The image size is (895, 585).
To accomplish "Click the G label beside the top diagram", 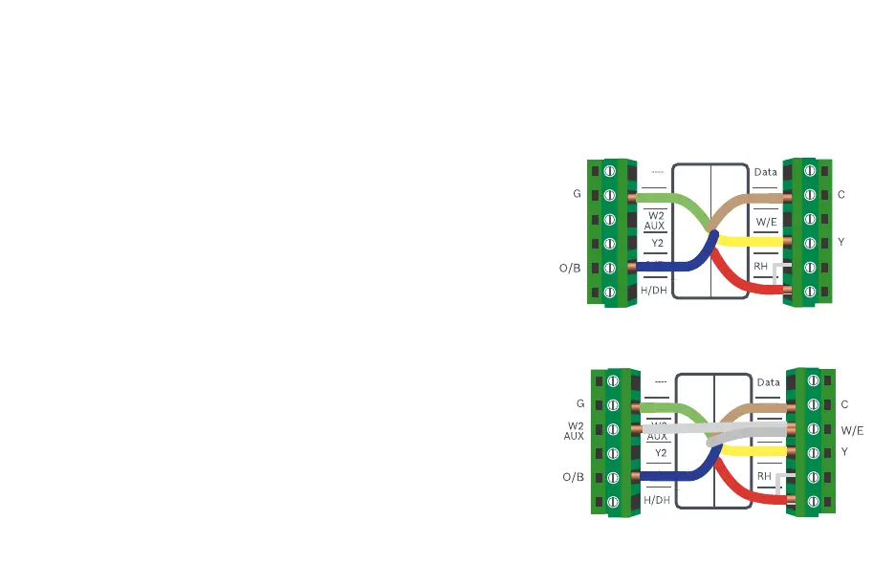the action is click(x=577, y=194).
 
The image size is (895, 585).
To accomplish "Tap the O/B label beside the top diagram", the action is click(x=570, y=268).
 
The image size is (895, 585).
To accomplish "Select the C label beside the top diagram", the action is click(x=840, y=194).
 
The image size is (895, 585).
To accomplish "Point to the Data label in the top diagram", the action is click(x=766, y=172).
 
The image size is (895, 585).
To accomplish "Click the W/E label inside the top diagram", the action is click(x=767, y=222).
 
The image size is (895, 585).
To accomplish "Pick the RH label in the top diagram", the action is click(x=761, y=267).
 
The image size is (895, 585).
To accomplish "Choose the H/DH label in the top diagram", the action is click(x=654, y=290).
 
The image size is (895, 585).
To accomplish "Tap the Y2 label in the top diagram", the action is click(x=657, y=244).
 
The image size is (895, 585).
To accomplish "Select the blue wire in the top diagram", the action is click(x=669, y=267).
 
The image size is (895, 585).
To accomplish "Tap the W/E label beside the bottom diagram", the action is click(x=852, y=430).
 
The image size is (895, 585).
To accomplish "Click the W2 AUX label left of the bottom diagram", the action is click(x=575, y=431).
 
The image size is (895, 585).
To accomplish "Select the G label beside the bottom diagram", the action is click(x=580, y=404).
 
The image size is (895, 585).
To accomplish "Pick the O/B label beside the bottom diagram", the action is click(x=573, y=477).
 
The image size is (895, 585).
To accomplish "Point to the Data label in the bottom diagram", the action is click(x=769, y=382).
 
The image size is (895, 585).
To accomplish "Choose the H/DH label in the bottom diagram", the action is click(x=657, y=500).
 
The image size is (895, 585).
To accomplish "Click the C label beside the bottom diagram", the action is click(x=844, y=404).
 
